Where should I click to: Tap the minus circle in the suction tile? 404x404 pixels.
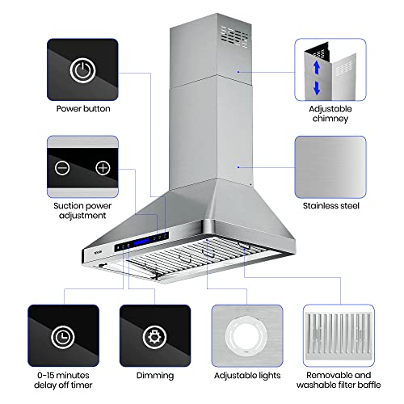(x=62, y=168)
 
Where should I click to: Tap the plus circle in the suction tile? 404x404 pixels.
(x=102, y=168)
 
